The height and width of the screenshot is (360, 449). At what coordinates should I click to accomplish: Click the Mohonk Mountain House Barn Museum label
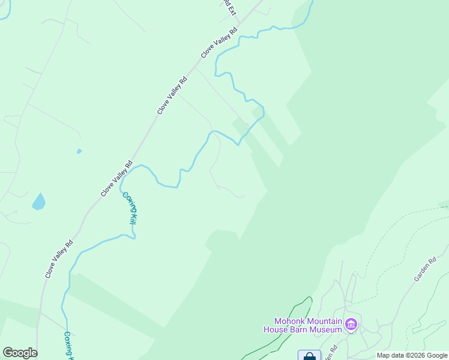tap(303, 325)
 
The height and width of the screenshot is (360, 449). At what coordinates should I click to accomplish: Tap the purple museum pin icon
tap(351, 325)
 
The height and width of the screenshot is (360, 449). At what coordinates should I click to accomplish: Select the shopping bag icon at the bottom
tap(309, 356)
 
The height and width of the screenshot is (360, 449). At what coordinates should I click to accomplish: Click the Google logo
tap(20, 353)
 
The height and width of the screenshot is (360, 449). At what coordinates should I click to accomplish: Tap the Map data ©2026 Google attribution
tap(412, 355)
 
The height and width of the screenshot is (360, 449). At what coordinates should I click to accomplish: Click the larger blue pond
tap(38, 202)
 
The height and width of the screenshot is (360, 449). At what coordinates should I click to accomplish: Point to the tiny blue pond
tap(79, 151)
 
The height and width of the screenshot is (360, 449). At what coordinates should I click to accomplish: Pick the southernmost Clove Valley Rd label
tap(59, 259)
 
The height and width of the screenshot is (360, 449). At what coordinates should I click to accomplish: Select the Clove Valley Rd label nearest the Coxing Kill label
tap(116, 179)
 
